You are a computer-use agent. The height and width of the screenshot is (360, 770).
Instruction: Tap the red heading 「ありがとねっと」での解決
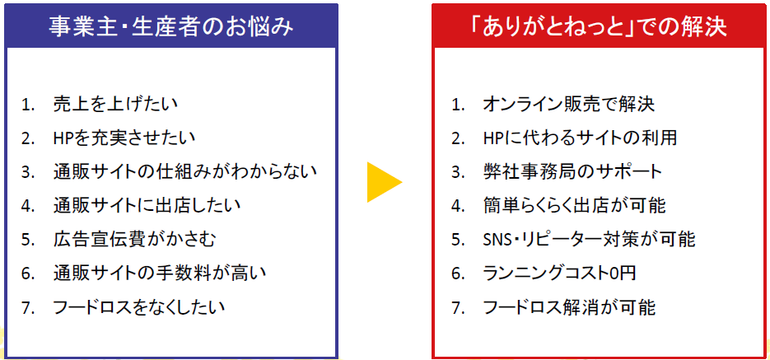pos(598,26)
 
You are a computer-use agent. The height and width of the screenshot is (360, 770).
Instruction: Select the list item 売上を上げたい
pos(114,104)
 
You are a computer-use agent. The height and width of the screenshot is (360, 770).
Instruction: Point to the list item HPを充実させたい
pos(124,138)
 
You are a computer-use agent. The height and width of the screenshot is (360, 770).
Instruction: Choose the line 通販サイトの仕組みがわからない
pos(184,171)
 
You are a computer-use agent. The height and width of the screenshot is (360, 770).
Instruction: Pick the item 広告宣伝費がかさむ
pos(134,240)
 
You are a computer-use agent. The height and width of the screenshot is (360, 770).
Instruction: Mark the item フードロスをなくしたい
pos(138,307)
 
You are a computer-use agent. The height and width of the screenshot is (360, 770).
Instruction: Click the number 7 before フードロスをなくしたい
pos(27,307)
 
